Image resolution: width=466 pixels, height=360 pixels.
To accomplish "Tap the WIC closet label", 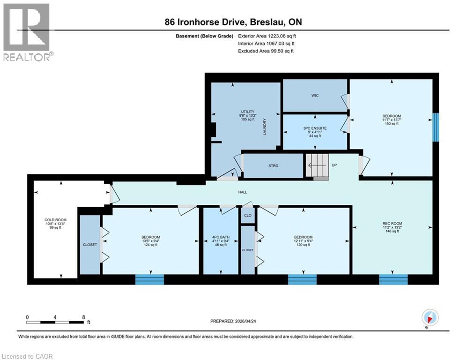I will point(315,96).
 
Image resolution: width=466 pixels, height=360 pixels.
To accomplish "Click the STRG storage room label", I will point(274,166).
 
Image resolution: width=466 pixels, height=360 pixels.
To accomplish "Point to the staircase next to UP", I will point(317,166).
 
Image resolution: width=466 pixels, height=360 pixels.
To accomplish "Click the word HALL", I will point(243,192).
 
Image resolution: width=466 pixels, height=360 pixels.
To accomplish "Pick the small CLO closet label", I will point(247,216).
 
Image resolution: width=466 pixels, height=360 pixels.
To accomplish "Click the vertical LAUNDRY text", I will point(265,127).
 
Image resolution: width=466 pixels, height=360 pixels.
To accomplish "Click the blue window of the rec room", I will point(393,279).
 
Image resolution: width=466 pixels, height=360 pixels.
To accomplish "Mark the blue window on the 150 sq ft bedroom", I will point(436,127).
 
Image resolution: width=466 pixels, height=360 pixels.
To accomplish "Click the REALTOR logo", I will point(27,32).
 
